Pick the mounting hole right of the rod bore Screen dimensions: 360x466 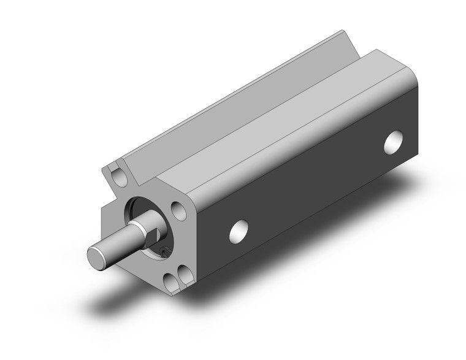click(178, 212)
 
